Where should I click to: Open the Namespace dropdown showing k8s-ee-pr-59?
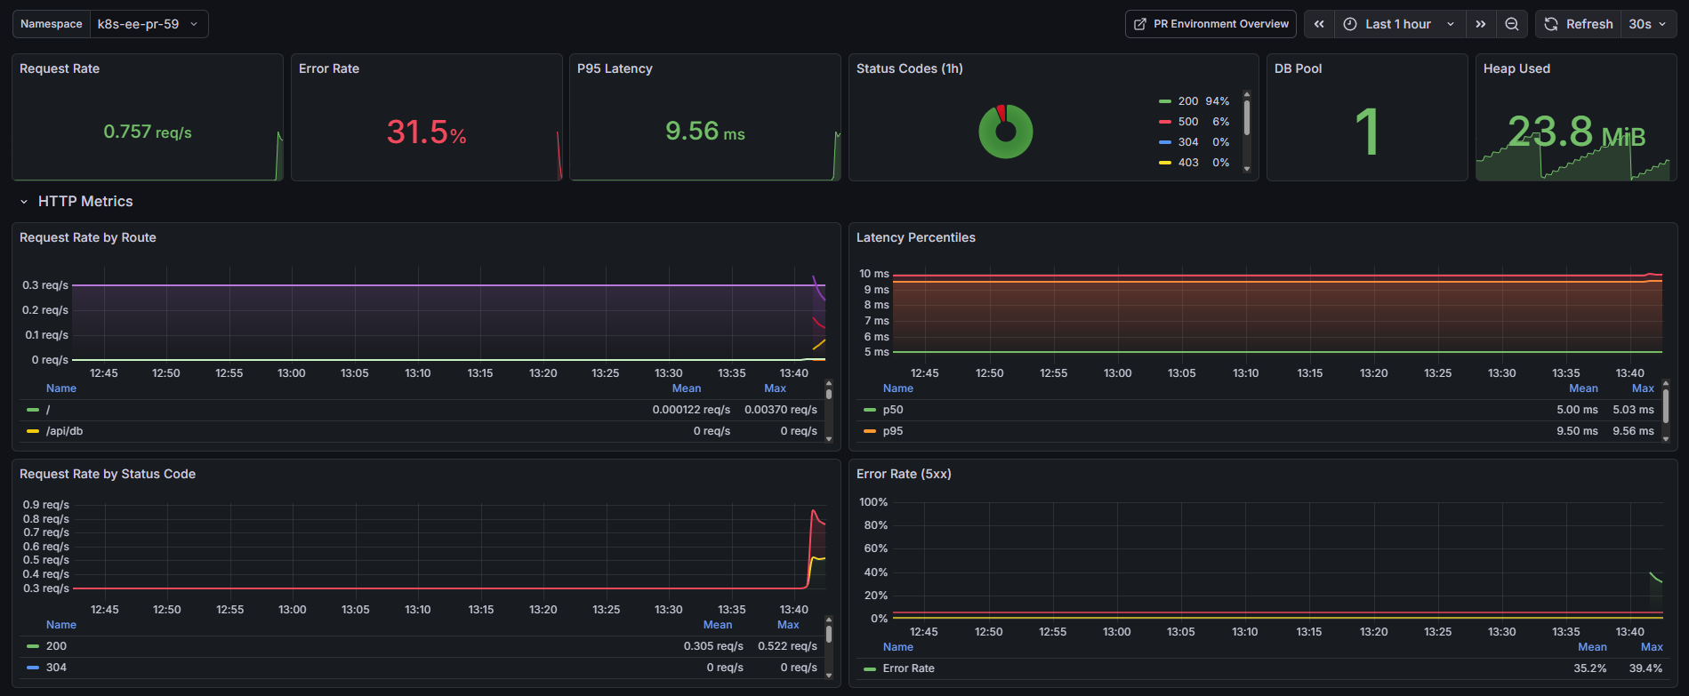148,24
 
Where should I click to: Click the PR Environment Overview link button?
1210,24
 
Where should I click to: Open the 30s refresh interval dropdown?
1648,24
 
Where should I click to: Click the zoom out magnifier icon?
1511,24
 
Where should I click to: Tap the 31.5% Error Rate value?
426,132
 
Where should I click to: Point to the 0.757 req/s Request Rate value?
148,132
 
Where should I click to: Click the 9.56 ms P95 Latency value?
704,132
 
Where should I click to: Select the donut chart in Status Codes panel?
1005,132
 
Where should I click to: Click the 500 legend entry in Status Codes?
1187,122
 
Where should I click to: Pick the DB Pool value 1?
1366,132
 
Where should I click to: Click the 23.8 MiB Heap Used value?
1575,132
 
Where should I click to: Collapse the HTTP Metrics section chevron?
24,202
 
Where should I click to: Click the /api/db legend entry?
64,431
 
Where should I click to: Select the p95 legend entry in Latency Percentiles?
892,431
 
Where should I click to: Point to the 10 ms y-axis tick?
873,274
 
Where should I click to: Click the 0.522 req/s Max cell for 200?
786,646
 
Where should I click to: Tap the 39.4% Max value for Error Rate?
1645,668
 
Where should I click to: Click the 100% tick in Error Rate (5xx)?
873,502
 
